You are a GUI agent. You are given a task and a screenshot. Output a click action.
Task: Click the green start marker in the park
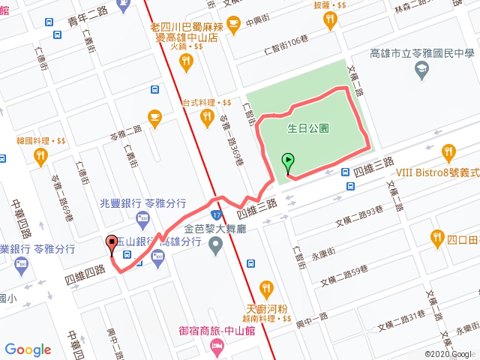tap(288, 160)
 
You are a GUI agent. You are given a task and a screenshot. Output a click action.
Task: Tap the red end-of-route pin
tap(112, 242)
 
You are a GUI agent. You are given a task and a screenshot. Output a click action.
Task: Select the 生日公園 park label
tap(308, 128)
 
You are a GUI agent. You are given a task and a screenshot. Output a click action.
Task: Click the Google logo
tap(28, 349)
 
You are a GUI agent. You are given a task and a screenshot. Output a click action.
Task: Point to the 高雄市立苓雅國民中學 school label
tap(424, 53)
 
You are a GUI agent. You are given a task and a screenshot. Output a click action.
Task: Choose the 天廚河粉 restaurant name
tap(267, 307)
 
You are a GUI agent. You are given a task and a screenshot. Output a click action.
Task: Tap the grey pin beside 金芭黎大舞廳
tap(216, 243)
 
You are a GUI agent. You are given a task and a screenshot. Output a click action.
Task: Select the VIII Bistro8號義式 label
tap(437, 172)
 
